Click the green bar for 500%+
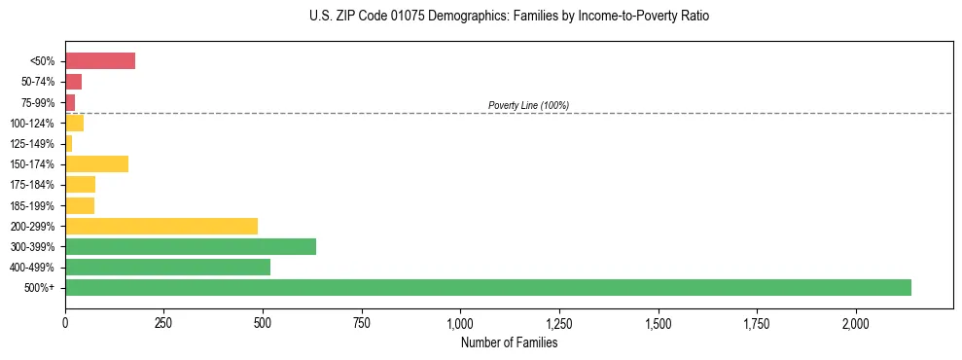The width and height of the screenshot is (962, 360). point(487,288)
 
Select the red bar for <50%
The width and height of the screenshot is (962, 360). point(100,61)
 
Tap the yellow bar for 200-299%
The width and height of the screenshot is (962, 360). point(161,226)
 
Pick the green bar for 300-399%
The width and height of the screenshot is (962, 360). point(191,247)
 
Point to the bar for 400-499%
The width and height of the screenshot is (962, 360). point(167,268)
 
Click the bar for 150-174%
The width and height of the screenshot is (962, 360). point(96,164)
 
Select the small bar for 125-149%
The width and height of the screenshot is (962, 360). point(69,144)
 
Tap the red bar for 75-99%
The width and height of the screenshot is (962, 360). point(70,102)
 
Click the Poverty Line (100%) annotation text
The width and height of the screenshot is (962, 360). point(528,105)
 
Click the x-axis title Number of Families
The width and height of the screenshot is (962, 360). point(509,342)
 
